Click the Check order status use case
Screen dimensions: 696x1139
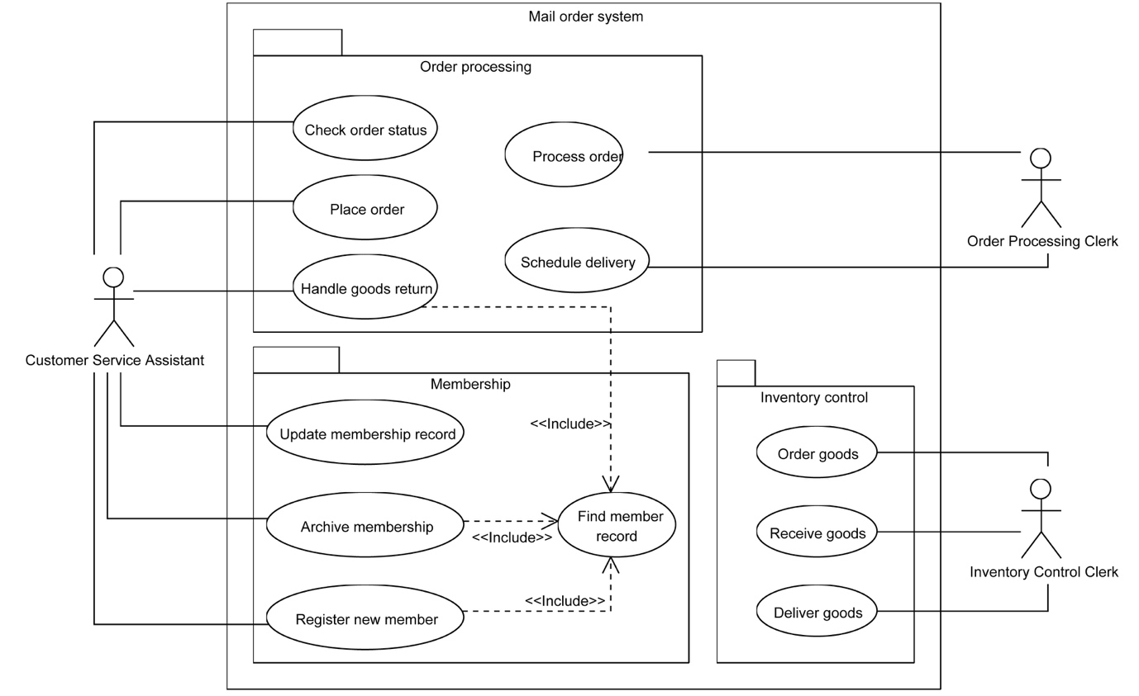365,129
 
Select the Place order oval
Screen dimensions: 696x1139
365,209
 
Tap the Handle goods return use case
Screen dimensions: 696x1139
365,288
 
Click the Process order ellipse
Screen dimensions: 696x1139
565,155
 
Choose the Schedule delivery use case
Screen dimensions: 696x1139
577,262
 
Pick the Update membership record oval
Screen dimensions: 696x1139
365,433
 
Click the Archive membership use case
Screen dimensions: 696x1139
365,526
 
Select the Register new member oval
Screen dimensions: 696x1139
365,618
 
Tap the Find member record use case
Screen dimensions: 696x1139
617,525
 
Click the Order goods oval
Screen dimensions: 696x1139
817,453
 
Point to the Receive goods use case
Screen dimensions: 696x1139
817,533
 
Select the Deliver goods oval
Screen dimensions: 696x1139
817,612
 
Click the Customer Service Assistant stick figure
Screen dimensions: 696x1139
114,306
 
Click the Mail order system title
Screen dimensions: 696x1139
585,17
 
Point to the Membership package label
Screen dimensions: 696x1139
470,384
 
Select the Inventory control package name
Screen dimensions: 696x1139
813,397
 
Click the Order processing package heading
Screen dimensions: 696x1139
475,67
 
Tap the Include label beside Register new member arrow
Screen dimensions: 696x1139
565,600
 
